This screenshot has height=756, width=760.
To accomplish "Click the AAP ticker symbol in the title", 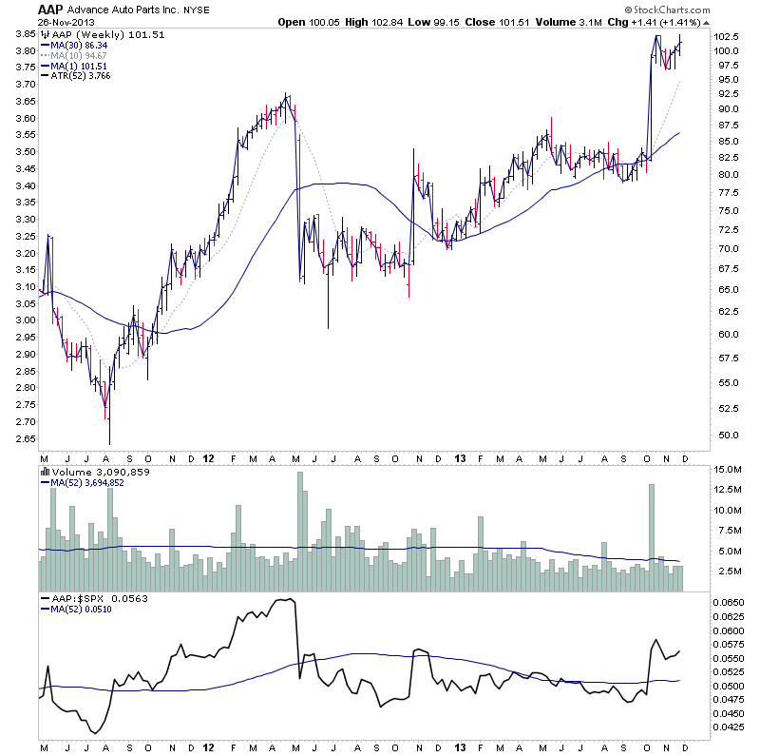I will click(x=51, y=9).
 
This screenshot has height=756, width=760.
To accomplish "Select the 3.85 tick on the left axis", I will click(x=25, y=34).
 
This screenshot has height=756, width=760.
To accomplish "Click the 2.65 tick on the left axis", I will click(x=25, y=439).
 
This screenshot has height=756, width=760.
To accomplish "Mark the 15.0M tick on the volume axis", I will click(x=731, y=470).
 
